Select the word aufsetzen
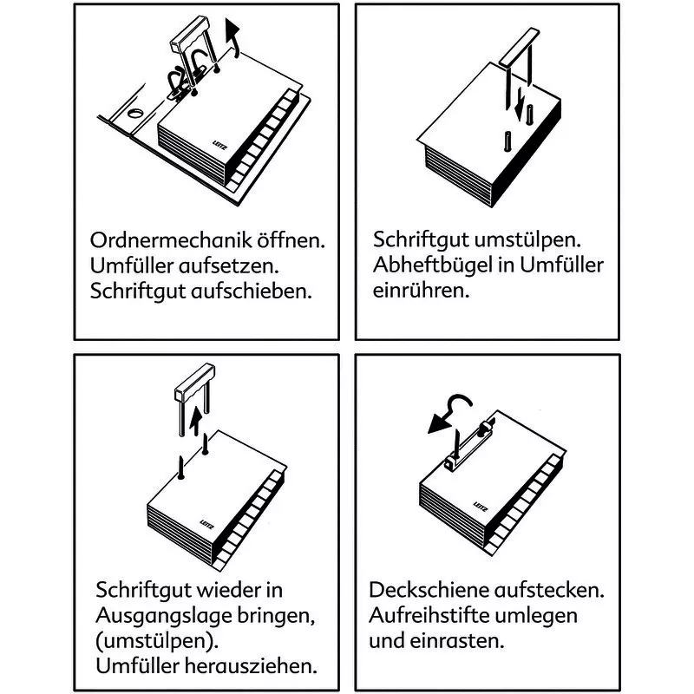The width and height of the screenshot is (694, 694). click(x=229, y=265)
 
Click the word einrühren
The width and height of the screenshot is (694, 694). click(x=421, y=291)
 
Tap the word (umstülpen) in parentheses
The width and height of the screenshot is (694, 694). click(x=157, y=641)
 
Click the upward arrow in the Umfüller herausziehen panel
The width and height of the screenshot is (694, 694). click(x=195, y=422)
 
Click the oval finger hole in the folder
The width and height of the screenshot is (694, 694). click(x=136, y=113)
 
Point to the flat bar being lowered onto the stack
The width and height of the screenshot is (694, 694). click(x=520, y=48)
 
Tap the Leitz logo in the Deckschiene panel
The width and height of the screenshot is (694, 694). click(x=481, y=507)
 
